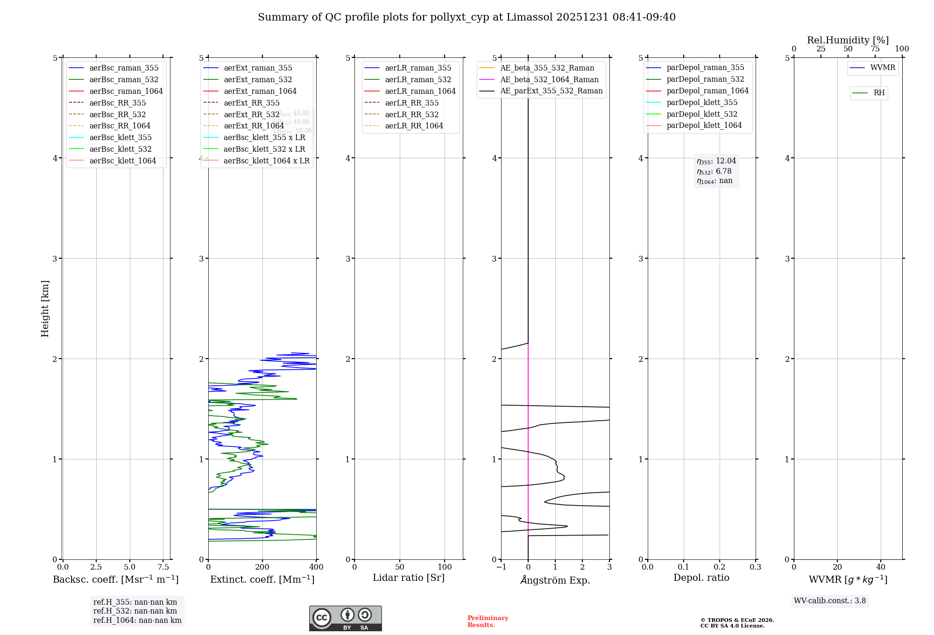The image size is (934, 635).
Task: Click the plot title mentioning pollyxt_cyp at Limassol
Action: tap(467, 17)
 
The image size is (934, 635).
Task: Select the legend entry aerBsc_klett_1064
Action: tap(122, 161)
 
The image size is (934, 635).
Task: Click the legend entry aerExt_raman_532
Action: tap(258, 79)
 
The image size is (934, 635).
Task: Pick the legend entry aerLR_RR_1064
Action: tap(414, 126)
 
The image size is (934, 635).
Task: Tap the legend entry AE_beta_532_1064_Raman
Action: tap(549, 79)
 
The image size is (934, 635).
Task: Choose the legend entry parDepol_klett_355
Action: tap(702, 102)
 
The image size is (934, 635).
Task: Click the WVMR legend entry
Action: tap(882, 68)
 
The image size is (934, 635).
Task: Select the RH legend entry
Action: tap(878, 93)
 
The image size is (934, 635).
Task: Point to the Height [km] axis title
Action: tap(45, 308)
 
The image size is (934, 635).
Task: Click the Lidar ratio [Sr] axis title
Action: tap(409, 578)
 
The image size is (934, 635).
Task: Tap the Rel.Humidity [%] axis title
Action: tap(848, 40)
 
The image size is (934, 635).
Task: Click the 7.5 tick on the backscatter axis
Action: tap(163, 567)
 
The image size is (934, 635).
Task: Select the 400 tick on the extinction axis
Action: tap(316, 567)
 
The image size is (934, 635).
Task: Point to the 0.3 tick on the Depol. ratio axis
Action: tap(755, 567)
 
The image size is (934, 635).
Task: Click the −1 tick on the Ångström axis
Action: tap(501, 567)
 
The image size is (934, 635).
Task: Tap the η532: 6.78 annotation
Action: tap(714, 171)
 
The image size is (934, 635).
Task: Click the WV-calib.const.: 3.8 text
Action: tap(830, 601)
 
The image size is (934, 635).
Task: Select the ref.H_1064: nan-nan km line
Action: tap(137, 620)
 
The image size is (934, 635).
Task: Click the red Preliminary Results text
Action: tap(488, 621)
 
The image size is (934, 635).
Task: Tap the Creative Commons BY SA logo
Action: tap(345, 619)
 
